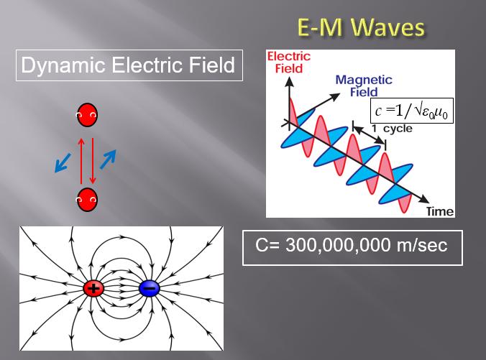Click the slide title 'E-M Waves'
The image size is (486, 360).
361,27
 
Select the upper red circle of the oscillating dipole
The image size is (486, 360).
87,115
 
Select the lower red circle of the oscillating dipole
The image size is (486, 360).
87,200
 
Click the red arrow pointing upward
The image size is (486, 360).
81,161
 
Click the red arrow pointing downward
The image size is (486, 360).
92,161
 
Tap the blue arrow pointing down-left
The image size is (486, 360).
63,162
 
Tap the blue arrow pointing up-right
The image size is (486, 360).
108,160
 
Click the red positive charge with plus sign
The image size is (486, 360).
93,288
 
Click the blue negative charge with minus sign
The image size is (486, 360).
150,288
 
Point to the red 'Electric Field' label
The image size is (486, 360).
289,63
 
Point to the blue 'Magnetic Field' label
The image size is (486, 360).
364,86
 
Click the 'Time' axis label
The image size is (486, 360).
440,211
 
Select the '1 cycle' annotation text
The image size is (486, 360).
392,129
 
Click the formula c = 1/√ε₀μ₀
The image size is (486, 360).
412,111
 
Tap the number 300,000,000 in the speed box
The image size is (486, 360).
338,245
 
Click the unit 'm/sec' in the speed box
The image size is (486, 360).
422,245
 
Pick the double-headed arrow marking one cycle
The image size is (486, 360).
369,135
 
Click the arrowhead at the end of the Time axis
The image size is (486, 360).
424,199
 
